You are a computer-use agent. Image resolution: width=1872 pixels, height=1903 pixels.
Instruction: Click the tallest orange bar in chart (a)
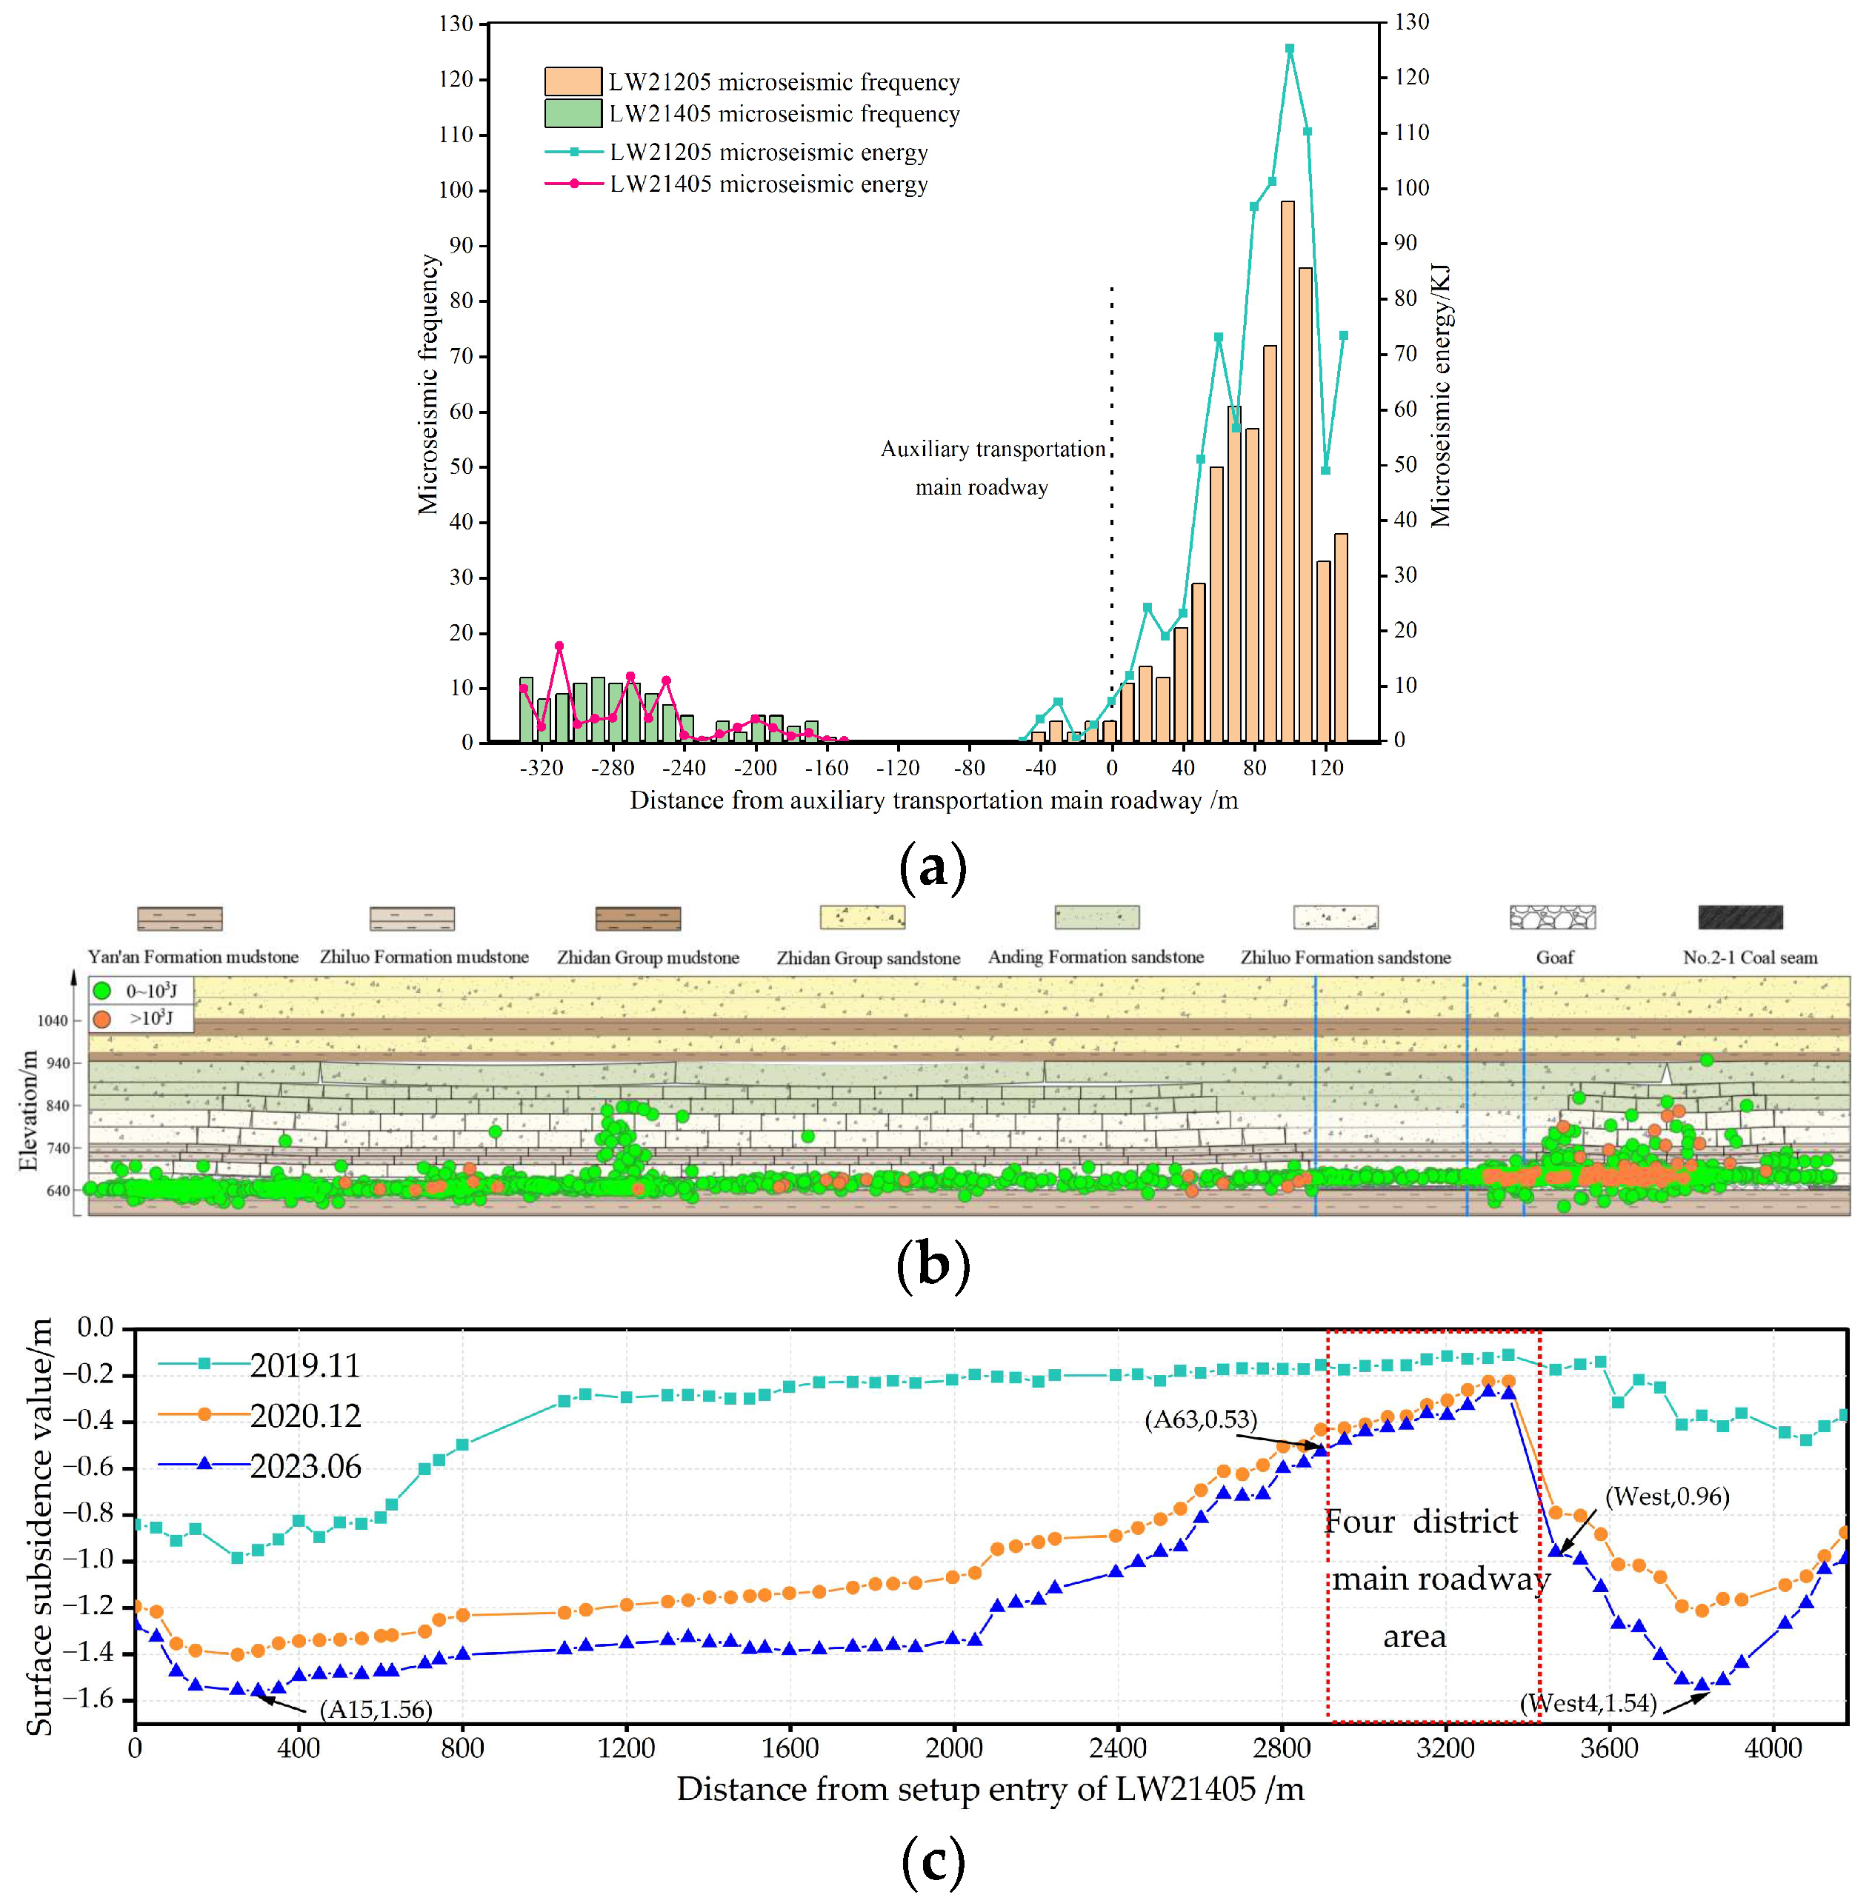[x=1287, y=472]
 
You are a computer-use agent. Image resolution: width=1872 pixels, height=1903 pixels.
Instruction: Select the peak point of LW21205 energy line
[x=1289, y=48]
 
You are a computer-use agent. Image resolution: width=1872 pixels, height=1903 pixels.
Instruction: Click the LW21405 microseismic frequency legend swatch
[x=573, y=113]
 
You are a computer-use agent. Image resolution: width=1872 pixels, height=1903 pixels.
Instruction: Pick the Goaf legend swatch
[x=1553, y=917]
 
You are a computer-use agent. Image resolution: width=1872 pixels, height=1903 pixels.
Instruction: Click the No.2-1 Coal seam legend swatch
[x=1739, y=917]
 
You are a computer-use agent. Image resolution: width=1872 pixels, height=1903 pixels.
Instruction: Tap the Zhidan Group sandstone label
[x=868, y=957]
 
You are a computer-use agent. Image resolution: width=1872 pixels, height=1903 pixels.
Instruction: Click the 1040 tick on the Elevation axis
[x=53, y=1020]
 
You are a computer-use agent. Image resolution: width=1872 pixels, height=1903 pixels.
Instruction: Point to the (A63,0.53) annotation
[x=1201, y=1419]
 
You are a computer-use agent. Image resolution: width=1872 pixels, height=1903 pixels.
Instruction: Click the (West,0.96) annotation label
[x=1667, y=1496]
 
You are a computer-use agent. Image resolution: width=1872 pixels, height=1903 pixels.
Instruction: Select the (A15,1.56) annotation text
[x=376, y=1709]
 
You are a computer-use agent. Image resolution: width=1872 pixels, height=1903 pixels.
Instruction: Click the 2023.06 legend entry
[x=304, y=1467]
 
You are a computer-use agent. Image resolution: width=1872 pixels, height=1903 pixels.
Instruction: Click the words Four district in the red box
[x=1421, y=1522]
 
